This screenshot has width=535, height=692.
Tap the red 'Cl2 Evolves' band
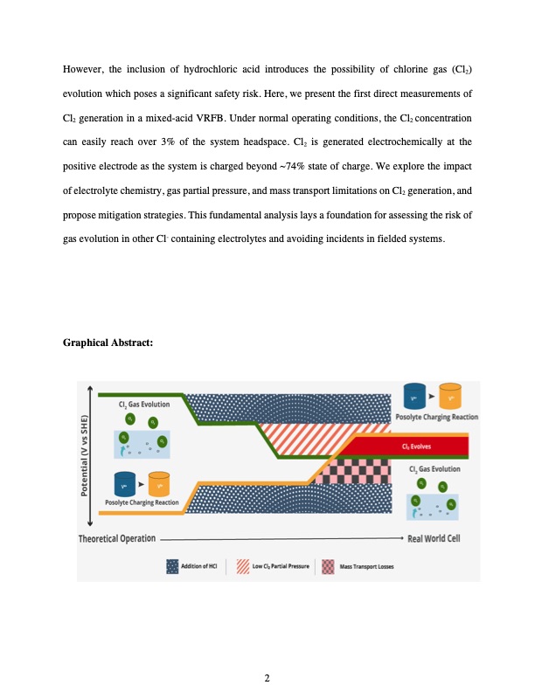click(411, 446)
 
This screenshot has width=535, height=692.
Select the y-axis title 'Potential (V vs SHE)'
click(86, 453)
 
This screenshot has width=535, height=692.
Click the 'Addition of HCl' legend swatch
click(172, 566)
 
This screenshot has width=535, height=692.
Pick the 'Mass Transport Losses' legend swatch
click(328, 566)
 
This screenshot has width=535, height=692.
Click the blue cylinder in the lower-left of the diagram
click(122, 483)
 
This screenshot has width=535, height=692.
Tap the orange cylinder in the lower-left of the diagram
click(158, 483)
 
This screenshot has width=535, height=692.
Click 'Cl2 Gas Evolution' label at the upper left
click(144, 405)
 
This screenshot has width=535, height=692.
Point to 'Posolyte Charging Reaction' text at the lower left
click(142, 502)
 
